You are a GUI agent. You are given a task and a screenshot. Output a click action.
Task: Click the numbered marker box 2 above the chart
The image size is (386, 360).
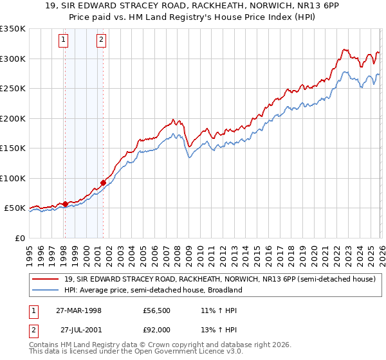point(102,40)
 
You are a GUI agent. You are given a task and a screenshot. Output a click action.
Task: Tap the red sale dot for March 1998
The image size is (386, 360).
point(65,204)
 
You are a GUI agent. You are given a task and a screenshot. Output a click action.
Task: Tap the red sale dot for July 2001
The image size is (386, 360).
point(103,183)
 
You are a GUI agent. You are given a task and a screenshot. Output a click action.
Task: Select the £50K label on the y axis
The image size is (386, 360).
point(15,208)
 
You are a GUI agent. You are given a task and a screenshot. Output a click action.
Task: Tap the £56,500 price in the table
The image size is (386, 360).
point(156,310)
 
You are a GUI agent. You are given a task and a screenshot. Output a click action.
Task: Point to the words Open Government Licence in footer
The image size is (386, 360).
point(177,353)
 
